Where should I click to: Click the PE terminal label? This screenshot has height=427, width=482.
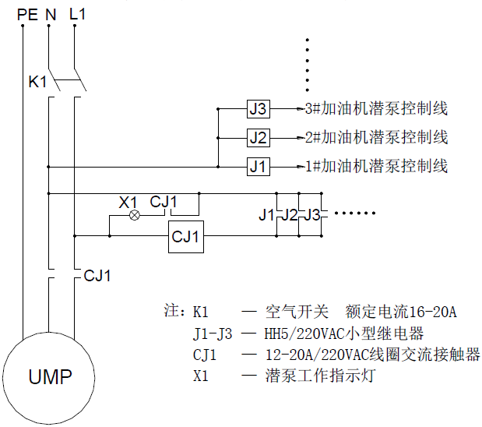point(26,13)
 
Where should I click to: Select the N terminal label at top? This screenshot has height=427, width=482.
point(51,13)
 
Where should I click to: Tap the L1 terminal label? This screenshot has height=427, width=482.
point(78,13)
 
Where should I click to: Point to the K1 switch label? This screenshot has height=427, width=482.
point(37,81)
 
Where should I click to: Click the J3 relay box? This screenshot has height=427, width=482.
point(259,109)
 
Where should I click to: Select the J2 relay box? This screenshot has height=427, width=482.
point(259,138)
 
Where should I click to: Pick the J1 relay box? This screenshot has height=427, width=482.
point(259,166)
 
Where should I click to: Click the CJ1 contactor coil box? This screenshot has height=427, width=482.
point(187,236)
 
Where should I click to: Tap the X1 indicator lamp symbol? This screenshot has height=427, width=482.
point(134,215)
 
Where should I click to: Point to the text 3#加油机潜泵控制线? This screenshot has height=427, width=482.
point(376,109)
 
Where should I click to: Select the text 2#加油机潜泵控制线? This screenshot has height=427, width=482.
point(376,138)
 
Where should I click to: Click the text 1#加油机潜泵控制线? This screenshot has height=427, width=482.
point(376,166)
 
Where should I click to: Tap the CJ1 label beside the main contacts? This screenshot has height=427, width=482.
point(98,276)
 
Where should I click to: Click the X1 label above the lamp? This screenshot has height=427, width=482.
point(128,202)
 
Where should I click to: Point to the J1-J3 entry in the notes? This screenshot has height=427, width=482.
point(213,334)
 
